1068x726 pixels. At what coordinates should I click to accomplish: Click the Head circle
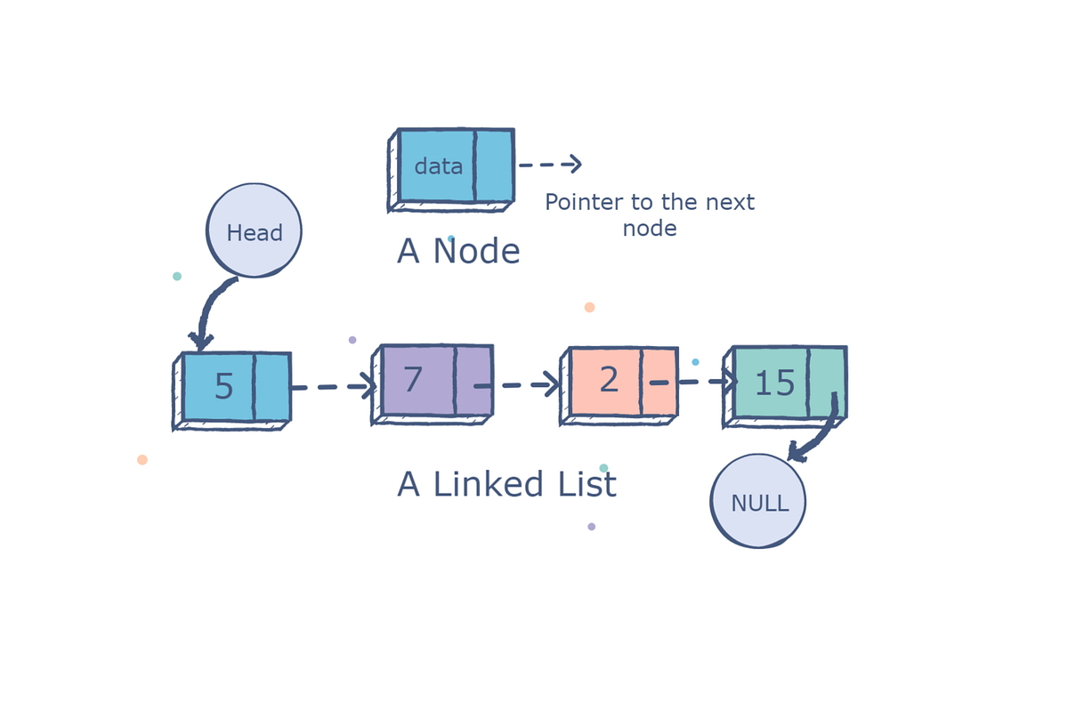coord(254,230)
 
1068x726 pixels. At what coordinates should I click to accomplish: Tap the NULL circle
coord(758,501)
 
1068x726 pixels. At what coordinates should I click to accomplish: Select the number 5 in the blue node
coord(224,387)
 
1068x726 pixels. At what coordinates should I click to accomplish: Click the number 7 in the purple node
coord(412,380)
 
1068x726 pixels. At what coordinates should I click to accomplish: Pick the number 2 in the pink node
coord(609,380)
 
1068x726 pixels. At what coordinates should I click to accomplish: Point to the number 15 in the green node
coord(774,383)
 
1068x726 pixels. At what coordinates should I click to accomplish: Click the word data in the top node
coord(438,166)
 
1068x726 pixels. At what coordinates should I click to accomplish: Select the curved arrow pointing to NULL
coord(819,436)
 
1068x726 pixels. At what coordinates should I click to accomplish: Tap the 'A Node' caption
coord(458,252)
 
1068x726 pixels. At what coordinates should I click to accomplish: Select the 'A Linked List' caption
coord(506,485)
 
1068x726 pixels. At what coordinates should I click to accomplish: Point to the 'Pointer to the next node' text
coord(650,214)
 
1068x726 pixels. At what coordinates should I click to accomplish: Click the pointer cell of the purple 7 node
coord(473,381)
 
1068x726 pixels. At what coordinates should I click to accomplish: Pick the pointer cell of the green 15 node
coord(827,381)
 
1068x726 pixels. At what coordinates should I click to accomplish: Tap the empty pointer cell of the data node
coord(494,165)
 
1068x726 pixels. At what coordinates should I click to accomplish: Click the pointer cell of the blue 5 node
coord(272,387)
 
